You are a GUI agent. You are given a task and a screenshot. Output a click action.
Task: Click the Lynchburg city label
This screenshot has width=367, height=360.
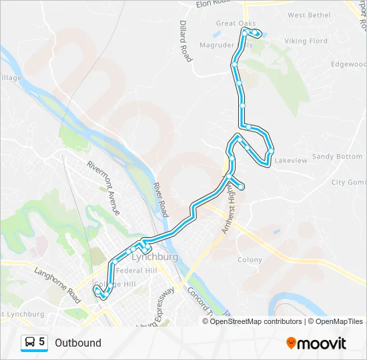click(155, 257)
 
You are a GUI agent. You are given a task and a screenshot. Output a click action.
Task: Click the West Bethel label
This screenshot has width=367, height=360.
click(310, 15)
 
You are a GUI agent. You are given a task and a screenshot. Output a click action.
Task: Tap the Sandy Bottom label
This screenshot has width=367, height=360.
click(337, 157)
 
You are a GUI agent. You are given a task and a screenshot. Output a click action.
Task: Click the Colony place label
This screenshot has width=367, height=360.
click(250, 259)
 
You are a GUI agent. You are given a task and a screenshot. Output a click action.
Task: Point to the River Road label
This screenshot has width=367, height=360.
click(161, 200)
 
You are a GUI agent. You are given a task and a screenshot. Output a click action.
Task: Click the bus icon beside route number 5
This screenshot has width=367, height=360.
click(30, 342)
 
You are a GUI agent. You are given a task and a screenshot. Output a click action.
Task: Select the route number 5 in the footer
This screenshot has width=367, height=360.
click(42, 342)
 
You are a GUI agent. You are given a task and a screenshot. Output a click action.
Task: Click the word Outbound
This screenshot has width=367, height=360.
click(78, 343)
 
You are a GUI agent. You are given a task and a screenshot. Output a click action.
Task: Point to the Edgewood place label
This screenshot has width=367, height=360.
click(349, 65)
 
